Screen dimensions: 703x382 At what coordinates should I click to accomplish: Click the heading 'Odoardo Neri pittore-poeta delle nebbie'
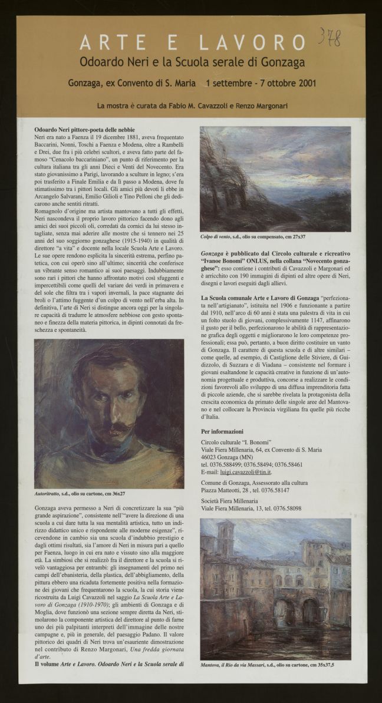click(x=85, y=129)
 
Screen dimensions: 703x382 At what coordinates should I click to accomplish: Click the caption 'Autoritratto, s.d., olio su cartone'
click(x=81, y=493)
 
